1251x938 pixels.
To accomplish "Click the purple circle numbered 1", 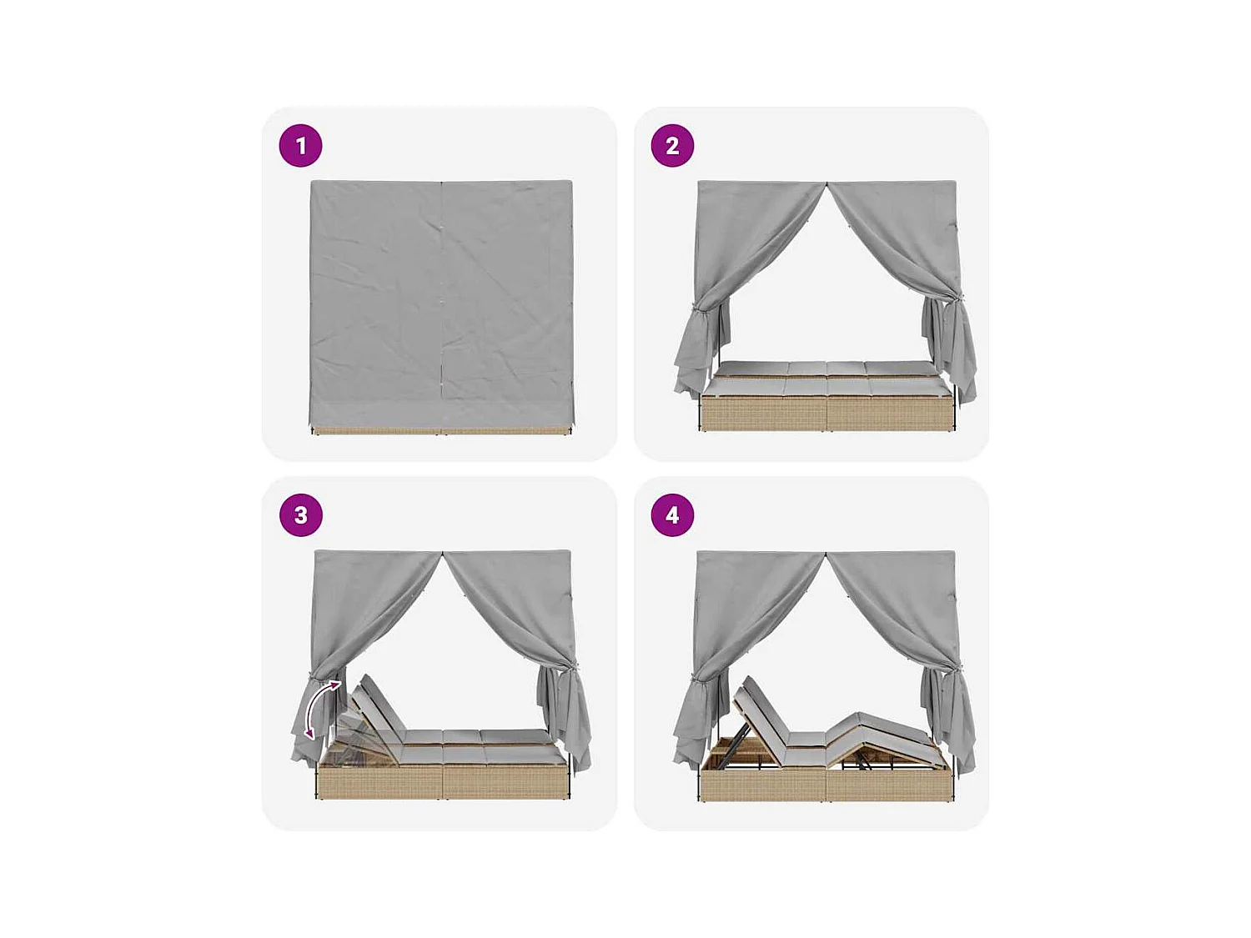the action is coord(300,146).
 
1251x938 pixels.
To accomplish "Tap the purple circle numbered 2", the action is coord(672,146).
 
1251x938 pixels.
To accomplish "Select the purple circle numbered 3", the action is coord(300,515).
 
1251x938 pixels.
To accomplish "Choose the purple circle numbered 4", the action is coord(672,515).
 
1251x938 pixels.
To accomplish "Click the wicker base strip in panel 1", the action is coord(442,430).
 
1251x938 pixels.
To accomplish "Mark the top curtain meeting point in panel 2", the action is coord(826,183).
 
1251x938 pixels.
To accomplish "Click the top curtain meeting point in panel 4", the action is coord(826,553).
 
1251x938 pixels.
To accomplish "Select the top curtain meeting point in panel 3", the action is coord(443,553).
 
